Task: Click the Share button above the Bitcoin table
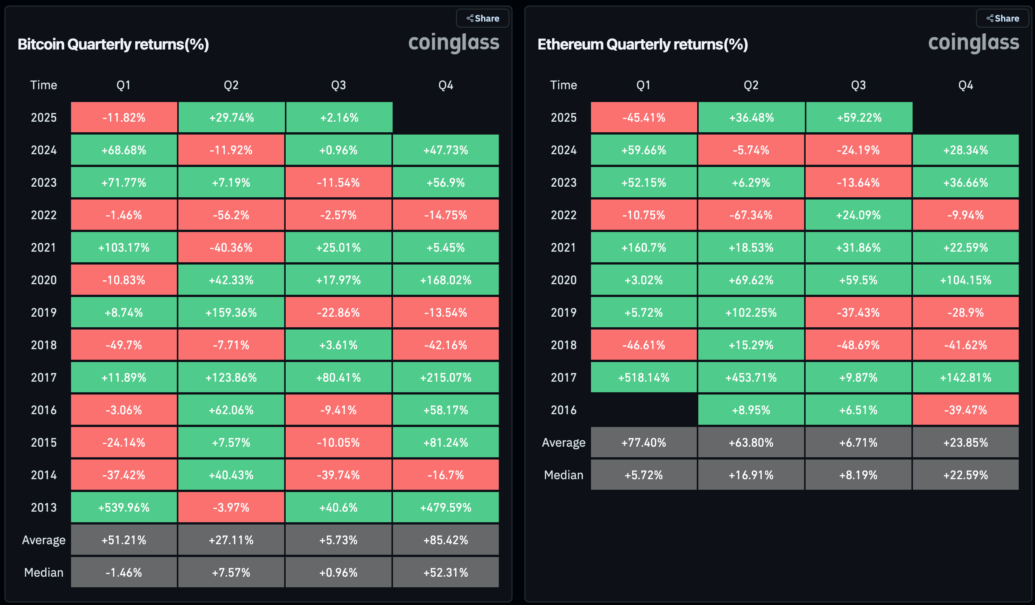[483, 19]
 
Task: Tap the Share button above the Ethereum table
[1003, 19]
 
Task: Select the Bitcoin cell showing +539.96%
[124, 507]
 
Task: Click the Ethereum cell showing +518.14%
[644, 378]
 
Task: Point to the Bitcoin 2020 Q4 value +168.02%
[446, 280]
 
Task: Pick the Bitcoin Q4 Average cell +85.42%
[446, 540]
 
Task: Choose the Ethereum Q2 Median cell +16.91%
[751, 475]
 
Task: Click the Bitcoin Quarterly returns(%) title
[113, 44]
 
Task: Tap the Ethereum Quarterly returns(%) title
[642, 44]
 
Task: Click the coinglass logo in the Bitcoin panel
[453, 43]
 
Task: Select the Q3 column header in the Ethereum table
[859, 85]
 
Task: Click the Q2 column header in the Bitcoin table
[231, 85]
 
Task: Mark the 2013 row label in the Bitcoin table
[43, 507]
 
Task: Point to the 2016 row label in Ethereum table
[563, 410]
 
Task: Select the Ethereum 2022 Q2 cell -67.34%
[751, 215]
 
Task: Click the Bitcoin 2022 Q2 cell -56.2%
[231, 215]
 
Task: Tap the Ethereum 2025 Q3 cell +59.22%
[859, 118]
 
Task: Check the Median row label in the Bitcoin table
[43, 572]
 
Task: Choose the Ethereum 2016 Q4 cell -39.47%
[965, 410]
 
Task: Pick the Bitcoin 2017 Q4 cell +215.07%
[446, 378]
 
